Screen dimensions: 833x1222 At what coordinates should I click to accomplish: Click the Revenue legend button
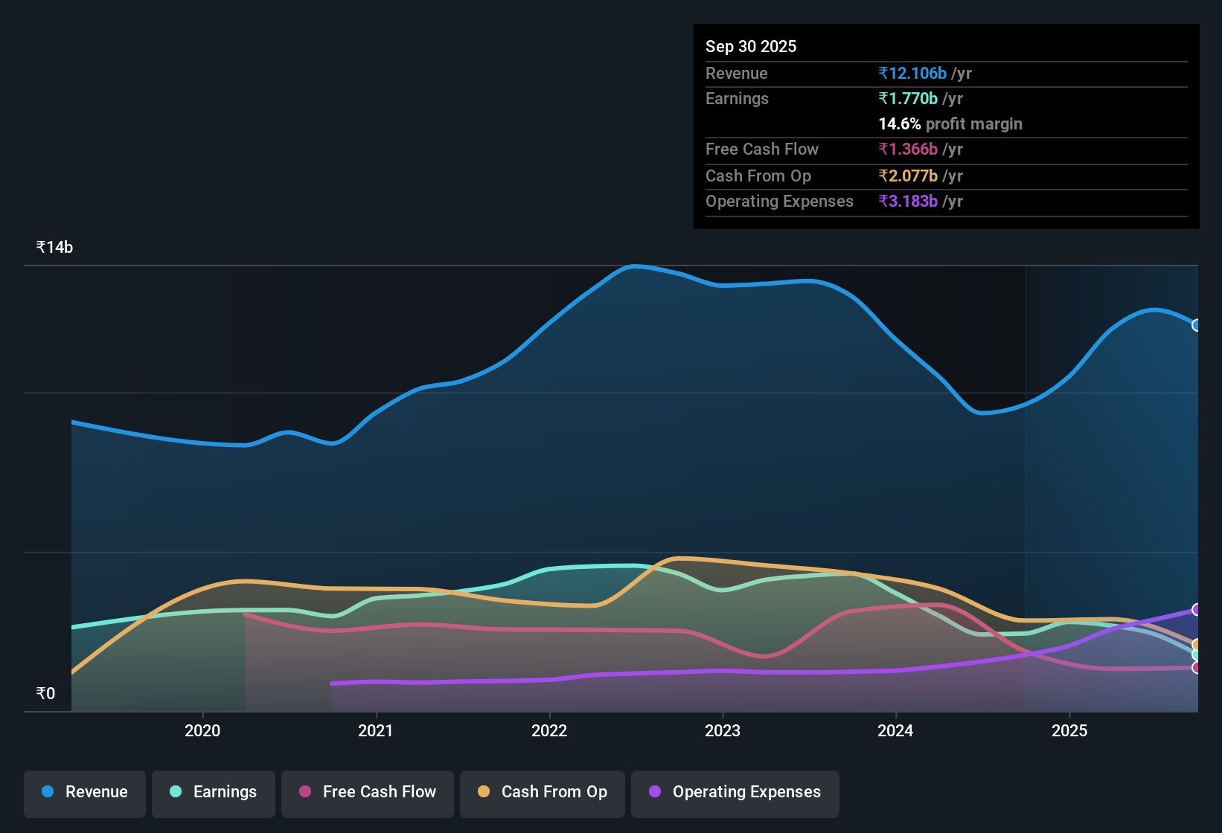(x=85, y=792)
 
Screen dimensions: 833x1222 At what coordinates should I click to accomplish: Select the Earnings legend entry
(x=214, y=792)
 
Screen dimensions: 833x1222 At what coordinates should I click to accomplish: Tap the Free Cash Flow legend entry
(x=368, y=792)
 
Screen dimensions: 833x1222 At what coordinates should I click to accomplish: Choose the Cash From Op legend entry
(x=543, y=792)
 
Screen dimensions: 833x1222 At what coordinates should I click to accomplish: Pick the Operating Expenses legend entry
(x=735, y=792)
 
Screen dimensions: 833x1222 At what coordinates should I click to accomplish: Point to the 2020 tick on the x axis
(x=202, y=730)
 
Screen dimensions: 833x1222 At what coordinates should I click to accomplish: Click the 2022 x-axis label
(x=549, y=730)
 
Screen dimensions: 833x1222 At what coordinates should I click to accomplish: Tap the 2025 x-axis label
(x=1069, y=730)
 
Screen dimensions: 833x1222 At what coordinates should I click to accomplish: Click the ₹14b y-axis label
(x=54, y=248)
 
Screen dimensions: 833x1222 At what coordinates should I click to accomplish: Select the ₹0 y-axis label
(x=45, y=694)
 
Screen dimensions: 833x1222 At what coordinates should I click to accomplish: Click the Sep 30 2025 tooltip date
(x=750, y=46)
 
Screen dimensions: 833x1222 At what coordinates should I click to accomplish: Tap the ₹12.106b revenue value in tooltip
(x=912, y=73)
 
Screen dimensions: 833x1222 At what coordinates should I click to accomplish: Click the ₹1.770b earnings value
(x=908, y=98)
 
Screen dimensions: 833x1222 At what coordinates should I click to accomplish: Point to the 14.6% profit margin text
(x=950, y=123)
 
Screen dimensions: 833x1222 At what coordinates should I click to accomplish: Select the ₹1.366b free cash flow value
(x=908, y=149)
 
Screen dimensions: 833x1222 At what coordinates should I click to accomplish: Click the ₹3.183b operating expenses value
(x=908, y=201)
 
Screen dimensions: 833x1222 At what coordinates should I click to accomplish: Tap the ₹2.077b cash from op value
(x=908, y=176)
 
